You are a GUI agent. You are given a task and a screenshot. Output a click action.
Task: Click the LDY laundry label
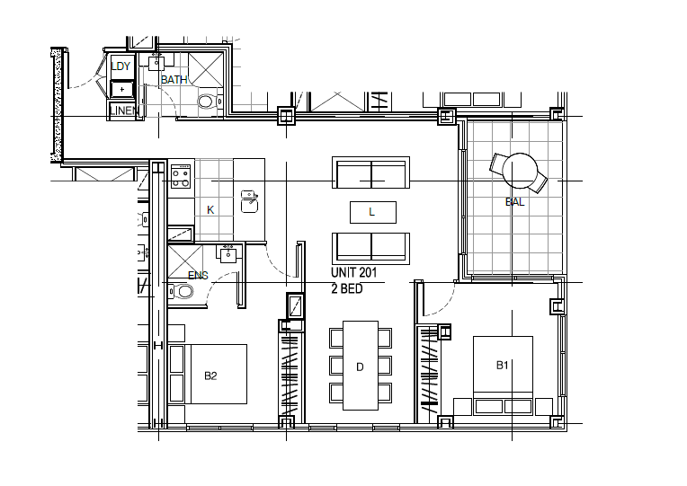120,66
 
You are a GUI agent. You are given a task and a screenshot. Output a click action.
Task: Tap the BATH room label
174,80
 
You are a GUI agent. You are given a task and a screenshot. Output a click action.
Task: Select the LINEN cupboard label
124,110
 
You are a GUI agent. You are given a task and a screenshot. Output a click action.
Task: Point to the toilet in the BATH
209,102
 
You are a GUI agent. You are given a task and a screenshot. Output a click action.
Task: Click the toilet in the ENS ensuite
181,291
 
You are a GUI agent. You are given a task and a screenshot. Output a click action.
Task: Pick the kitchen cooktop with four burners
181,176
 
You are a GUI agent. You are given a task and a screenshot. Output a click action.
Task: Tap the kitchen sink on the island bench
249,201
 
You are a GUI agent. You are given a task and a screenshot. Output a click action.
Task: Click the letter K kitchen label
210,210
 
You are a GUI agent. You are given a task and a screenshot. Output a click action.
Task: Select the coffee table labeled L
373,212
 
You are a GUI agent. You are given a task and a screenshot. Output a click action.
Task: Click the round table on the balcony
520,171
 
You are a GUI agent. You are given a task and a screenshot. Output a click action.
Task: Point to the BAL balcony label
515,202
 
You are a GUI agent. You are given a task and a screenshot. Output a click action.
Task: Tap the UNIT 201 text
353,272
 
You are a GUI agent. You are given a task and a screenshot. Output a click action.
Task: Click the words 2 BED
346,288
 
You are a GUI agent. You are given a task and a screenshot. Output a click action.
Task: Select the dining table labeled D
361,366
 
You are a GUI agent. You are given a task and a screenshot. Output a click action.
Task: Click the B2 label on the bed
210,376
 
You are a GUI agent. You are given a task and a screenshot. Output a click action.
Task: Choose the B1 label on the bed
502,365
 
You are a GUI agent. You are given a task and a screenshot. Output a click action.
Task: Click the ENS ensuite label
198,276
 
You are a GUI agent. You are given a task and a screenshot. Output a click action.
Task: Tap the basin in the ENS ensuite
228,254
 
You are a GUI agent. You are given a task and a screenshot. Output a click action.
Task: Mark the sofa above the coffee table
371,172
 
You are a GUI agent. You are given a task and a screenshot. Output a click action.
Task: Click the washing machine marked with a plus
121,89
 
